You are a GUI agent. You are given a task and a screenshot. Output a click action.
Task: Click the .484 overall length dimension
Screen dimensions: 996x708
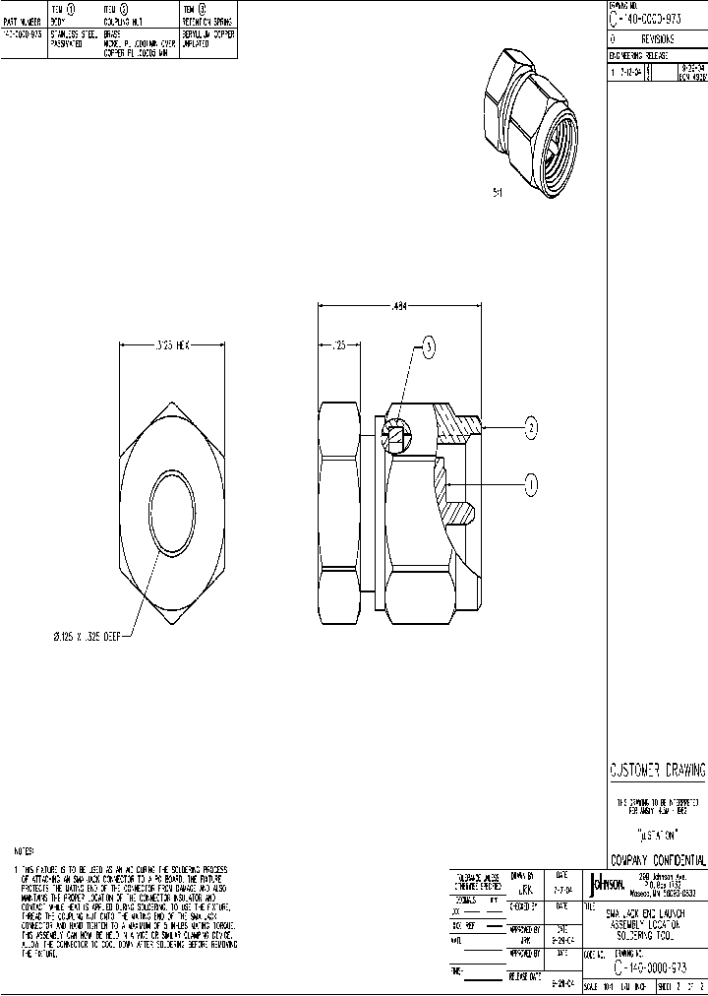[400, 306]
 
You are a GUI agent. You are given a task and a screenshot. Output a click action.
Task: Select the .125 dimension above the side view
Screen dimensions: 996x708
[340, 344]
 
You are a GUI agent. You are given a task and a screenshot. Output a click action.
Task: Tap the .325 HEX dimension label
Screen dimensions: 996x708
[173, 344]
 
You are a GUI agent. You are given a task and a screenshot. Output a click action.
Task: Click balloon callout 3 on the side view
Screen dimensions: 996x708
[427, 344]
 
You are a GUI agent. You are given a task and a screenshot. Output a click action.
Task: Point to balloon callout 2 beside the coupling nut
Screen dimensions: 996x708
[531, 427]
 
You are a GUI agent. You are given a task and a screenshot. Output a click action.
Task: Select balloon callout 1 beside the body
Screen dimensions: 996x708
[531, 483]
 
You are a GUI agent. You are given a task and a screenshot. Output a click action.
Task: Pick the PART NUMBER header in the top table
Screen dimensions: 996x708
[22, 20]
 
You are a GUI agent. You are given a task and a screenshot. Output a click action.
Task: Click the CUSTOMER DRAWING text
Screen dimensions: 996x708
[657, 771]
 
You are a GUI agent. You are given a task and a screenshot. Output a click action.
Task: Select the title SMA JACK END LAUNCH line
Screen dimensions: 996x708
[644, 913]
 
